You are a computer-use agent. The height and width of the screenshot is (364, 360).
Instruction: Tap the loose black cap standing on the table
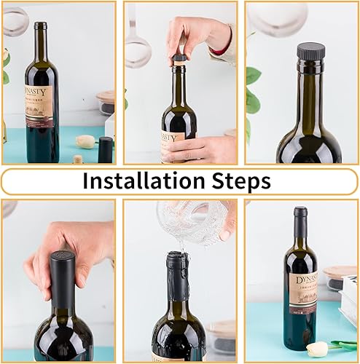106,149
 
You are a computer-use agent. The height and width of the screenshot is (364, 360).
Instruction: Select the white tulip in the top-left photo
86,142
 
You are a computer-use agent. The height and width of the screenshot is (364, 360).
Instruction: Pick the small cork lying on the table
77,159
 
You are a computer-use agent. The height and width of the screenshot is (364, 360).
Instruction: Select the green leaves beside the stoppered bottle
252,91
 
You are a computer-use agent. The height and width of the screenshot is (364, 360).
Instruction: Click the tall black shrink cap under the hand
61,277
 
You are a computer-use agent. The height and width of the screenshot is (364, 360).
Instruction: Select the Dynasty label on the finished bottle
300,292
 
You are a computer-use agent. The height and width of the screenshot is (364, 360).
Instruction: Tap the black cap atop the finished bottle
300,212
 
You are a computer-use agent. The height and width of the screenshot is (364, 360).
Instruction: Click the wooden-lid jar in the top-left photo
106,102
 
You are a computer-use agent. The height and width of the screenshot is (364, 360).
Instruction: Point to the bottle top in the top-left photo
40,26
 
